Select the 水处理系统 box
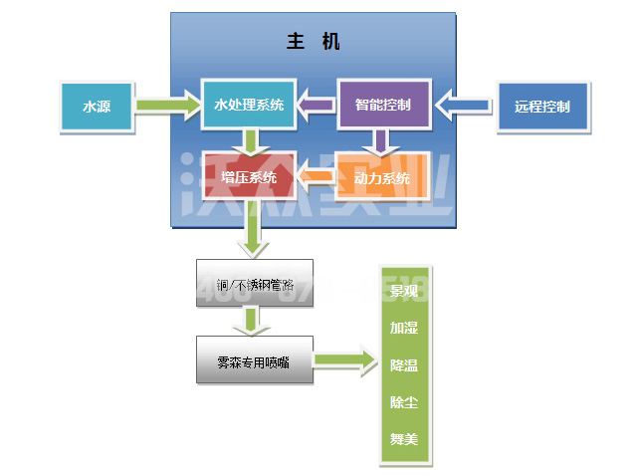249,105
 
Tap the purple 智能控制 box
383,104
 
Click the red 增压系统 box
249,179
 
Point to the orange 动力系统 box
383,179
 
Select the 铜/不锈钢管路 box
254,284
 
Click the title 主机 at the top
313,42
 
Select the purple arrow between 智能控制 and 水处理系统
317,104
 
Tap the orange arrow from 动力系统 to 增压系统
316,179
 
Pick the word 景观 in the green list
403,292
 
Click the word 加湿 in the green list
403,328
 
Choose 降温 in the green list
403,364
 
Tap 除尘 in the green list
403,401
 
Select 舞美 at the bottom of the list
403,438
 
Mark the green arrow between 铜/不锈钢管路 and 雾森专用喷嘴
254,322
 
